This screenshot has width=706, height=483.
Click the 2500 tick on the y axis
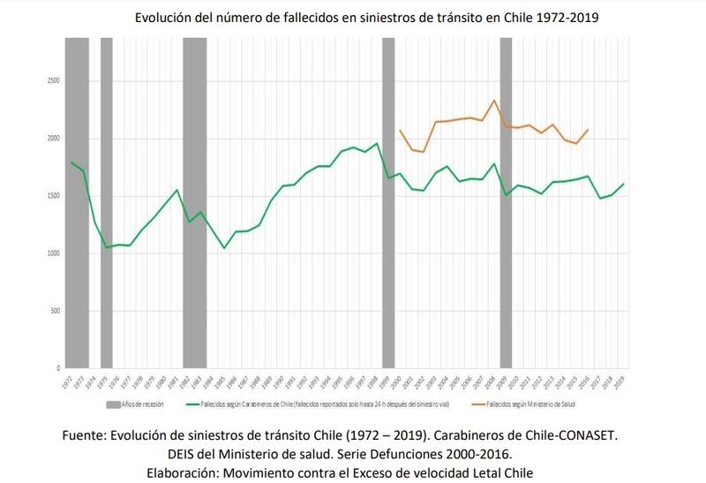[x=54, y=80]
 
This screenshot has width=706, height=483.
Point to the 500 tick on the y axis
[x=55, y=311]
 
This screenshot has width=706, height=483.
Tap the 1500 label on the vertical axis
[x=54, y=196]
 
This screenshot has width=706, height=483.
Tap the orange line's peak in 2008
[x=494, y=100]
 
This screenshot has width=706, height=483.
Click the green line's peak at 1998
[x=377, y=143]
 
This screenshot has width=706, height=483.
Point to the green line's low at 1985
[x=224, y=248]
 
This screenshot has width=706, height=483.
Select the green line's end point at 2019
[x=624, y=184]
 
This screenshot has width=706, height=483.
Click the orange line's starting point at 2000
[x=400, y=130]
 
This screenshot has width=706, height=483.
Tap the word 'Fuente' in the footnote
[x=84, y=435]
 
